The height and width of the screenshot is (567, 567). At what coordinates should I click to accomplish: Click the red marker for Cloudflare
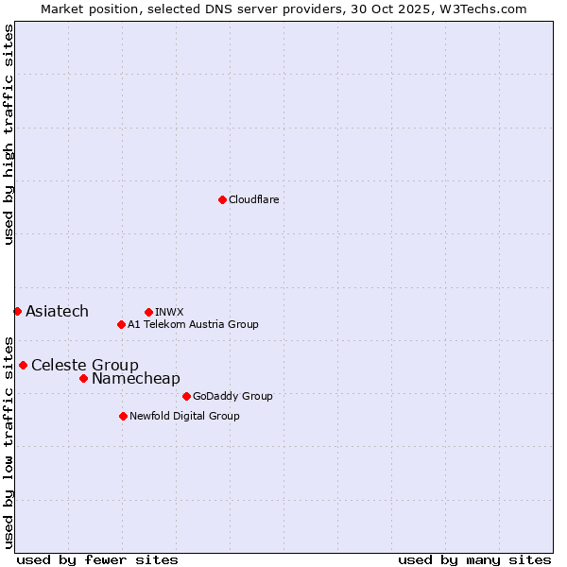(x=222, y=199)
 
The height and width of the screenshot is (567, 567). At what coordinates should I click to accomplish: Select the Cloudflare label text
(x=253, y=200)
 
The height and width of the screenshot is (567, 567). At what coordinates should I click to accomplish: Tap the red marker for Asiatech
(x=17, y=311)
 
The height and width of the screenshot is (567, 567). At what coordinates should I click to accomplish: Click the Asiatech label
(x=57, y=312)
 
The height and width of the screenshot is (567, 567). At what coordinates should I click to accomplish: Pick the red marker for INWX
(x=148, y=312)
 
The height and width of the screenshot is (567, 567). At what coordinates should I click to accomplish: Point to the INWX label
(x=169, y=312)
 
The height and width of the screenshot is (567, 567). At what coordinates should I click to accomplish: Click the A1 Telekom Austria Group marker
(x=121, y=324)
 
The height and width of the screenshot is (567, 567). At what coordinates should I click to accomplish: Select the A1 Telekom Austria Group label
(x=193, y=324)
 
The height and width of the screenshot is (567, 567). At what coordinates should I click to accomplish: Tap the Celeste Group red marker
(x=23, y=365)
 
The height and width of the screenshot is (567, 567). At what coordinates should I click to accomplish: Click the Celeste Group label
(x=85, y=366)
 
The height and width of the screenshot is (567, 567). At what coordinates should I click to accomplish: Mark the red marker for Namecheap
(x=83, y=378)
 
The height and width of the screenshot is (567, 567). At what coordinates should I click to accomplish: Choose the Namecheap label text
(x=135, y=379)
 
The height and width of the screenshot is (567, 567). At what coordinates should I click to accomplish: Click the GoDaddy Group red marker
(x=186, y=396)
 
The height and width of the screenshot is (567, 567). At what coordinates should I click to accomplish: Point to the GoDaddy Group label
(x=232, y=397)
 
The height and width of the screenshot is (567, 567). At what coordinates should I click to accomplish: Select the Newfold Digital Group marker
(x=123, y=416)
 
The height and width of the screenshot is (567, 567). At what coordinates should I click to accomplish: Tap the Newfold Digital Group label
(x=184, y=416)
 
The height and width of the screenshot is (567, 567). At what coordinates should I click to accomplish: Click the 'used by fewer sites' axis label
(x=97, y=559)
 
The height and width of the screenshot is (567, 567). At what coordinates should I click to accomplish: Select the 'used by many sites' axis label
(x=474, y=559)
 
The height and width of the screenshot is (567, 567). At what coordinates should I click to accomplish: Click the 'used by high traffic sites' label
(x=9, y=134)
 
